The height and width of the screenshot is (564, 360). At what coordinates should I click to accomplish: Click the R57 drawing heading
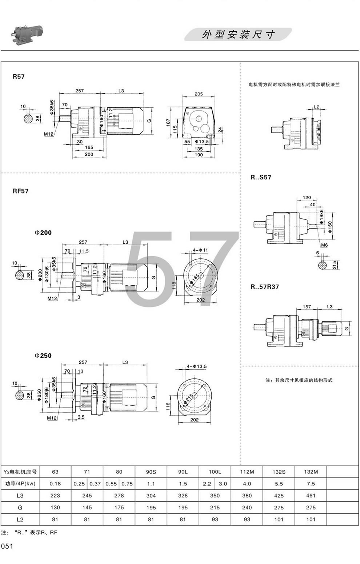[x=19, y=77]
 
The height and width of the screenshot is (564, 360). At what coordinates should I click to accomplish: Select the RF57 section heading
[x=20, y=191]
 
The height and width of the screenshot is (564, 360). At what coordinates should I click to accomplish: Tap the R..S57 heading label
[x=261, y=177]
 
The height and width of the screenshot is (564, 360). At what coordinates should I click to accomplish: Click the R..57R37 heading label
[x=264, y=287]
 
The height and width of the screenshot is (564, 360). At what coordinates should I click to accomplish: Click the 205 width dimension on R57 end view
[x=199, y=94]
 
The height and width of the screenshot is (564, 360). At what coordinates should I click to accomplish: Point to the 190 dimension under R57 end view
[x=198, y=155]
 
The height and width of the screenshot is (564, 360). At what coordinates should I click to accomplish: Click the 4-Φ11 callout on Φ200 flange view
[x=200, y=250]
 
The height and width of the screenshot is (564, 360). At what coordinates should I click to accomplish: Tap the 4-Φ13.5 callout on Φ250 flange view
[x=197, y=366]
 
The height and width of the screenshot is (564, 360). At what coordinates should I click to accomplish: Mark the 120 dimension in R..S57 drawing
[x=307, y=198]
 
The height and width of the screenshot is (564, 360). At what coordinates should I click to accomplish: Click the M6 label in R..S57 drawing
[x=324, y=245]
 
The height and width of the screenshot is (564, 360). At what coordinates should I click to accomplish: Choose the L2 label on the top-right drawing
[x=316, y=107]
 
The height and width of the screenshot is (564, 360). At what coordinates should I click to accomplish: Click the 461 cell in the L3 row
[x=311, y=496]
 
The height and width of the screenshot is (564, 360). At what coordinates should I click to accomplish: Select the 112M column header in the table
[x=247, y=472]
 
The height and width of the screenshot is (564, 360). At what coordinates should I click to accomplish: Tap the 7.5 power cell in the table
[x=311, y=484]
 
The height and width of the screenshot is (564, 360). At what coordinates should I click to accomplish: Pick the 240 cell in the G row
[x=247, y=508]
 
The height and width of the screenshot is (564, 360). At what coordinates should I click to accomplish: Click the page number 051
[x=7, y=546]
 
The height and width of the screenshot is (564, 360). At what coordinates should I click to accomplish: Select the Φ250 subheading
[x=43, y=356]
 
